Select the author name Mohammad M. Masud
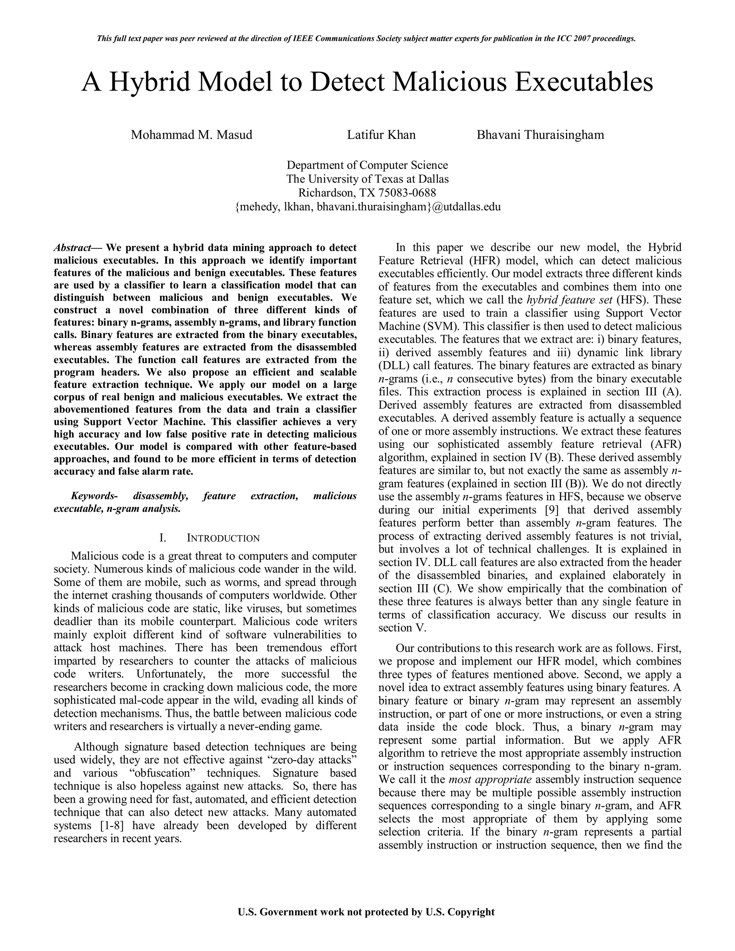pyautogui.click(x=192, y=135)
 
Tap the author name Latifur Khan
pyautogui.click(x=381, y=135)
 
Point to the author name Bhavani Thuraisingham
pyautogui.click(x=540, y=135)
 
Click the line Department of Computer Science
pyautogui.click(x=367, y=165)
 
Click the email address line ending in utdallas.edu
pyautogui.click(x=367, y=206)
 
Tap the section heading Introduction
pyautogui.click(x=223, y=538)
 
